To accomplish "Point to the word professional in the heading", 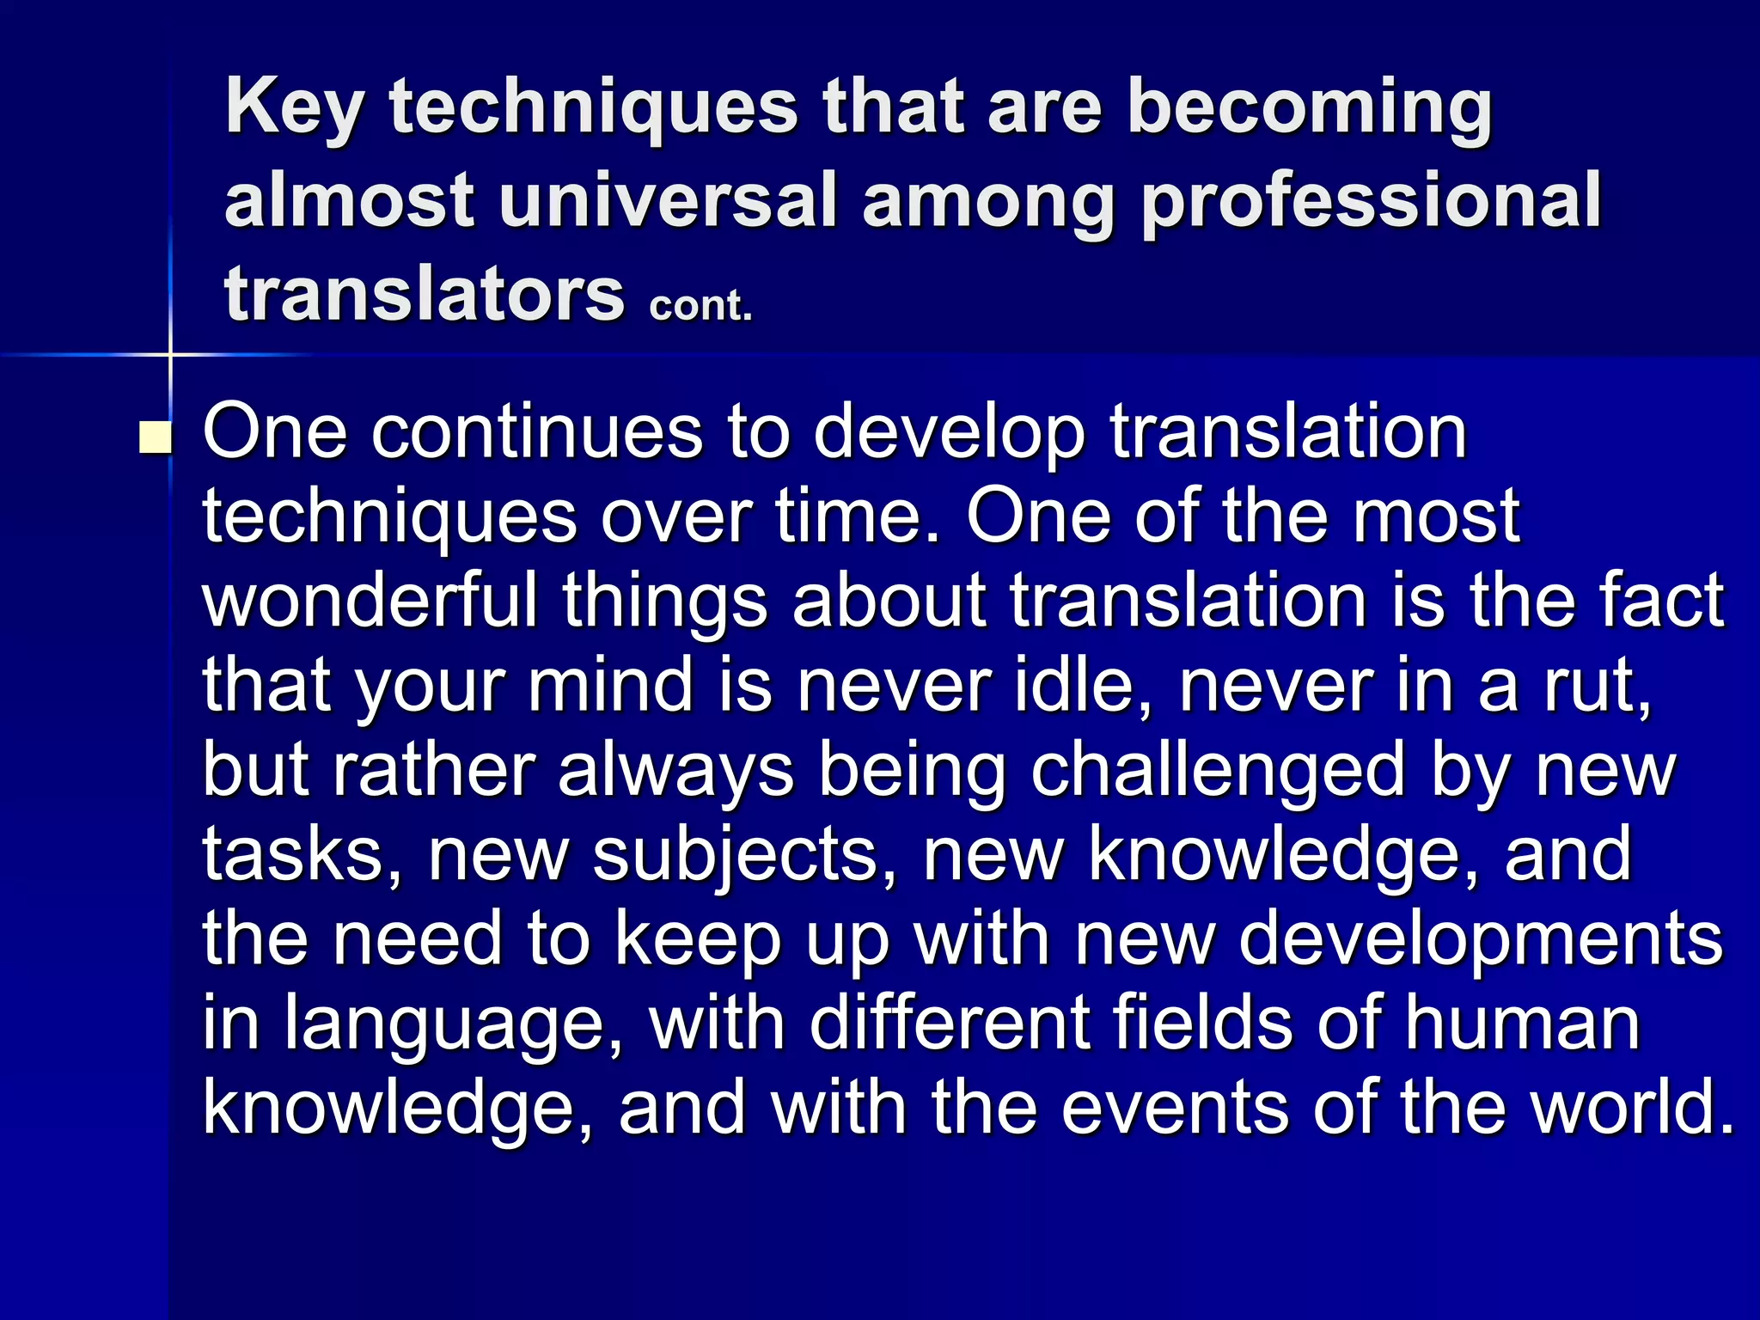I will click(x=1371, y=203).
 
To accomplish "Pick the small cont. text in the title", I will click(x=700, y=305).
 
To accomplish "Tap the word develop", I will click(x=950, y=434).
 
